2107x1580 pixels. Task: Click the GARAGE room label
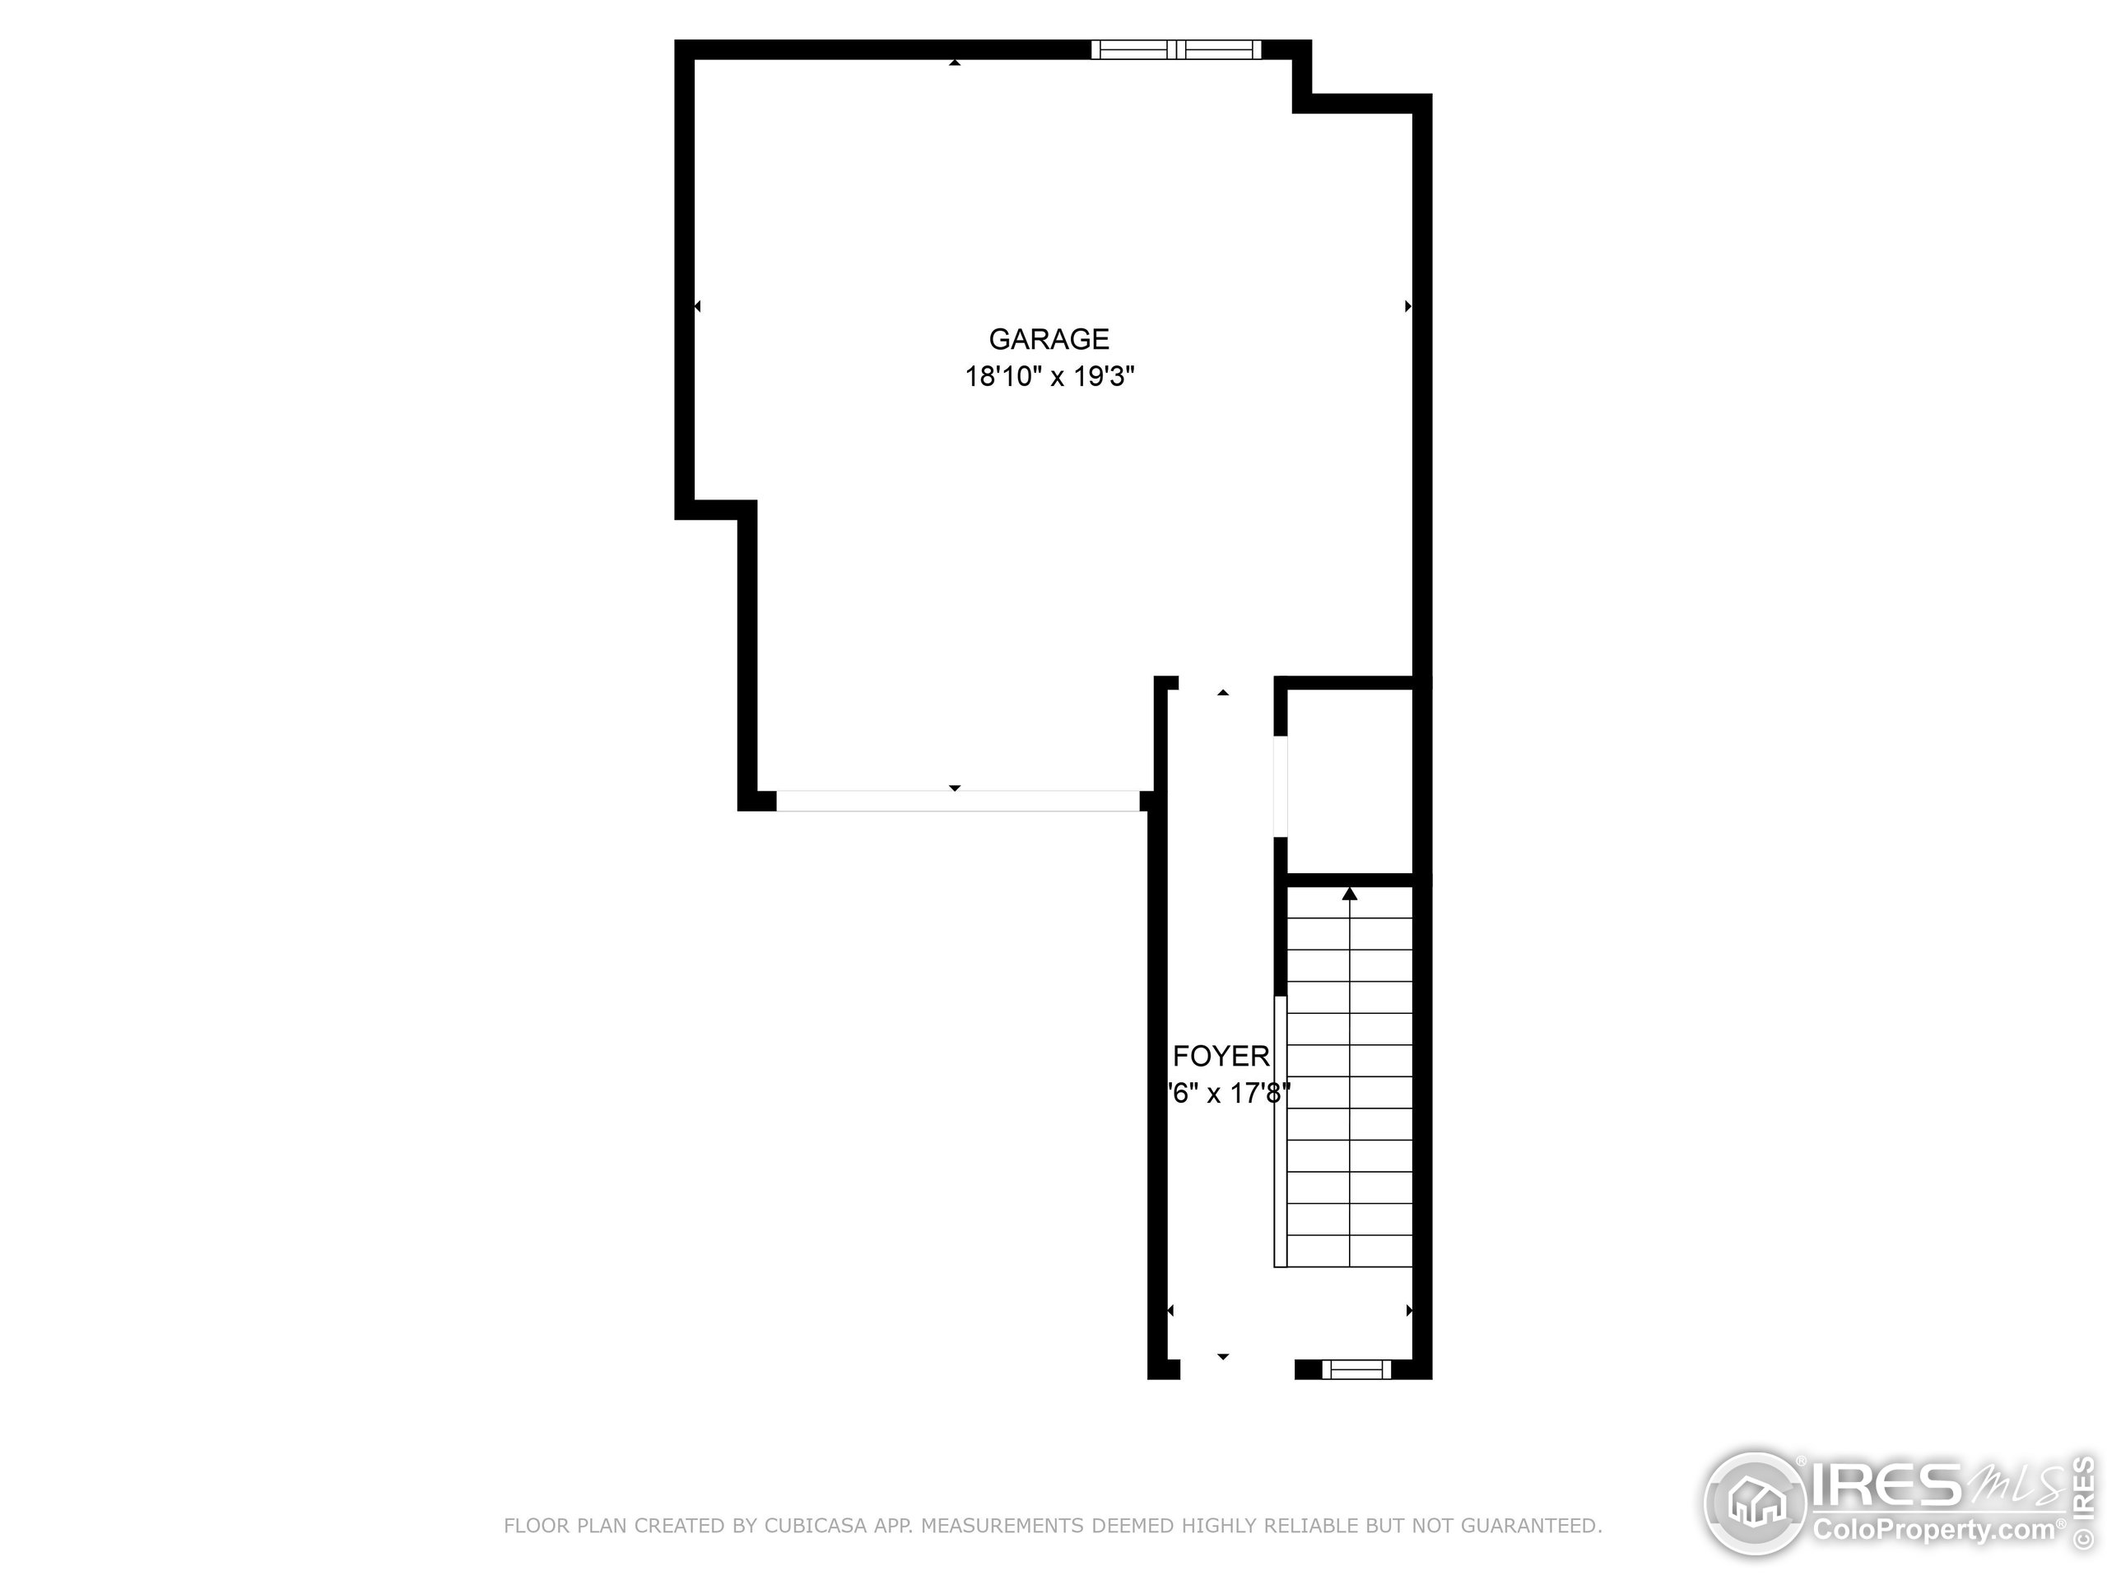tap(1049, 339)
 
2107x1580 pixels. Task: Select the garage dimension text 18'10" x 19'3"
tap(1049, 377)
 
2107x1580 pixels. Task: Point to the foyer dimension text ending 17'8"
tap(1229, 1094)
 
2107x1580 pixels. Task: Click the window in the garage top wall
tap(1175, 49)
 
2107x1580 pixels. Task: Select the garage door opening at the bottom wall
tap(957, 801)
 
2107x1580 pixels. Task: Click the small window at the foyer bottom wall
tap(1356, 1369)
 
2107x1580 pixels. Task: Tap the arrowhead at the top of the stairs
tap(1349, 894)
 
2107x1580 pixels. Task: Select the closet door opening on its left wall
tap(1281, 787)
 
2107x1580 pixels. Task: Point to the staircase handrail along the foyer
tap(1280, 1132)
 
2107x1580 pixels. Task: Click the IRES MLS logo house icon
tap(1756, 1505)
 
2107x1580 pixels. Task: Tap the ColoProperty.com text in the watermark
tap(1933, 1531)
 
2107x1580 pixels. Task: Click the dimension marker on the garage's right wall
tap(1408, 307)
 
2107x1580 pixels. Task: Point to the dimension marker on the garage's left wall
tap(697, 307)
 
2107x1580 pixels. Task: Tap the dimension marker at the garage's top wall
tap(955, 63)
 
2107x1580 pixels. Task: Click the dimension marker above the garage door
tap(955, 788)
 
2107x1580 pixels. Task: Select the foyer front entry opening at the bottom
tap(1236, 1369)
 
